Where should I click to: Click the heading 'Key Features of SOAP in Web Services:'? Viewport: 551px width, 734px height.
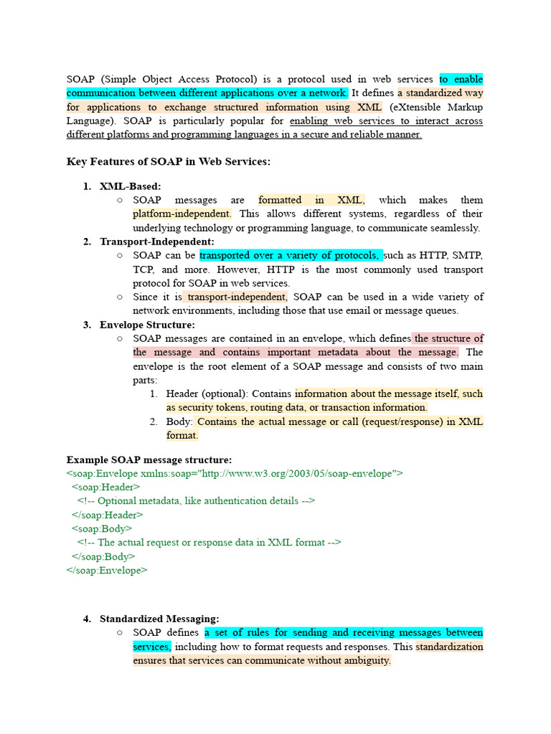169,162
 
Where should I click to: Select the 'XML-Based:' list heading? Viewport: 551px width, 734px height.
130,186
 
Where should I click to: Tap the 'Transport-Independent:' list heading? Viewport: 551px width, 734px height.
156,242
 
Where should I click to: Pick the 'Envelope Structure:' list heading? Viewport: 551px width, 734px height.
146,325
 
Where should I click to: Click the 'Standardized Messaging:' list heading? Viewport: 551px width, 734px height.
159,619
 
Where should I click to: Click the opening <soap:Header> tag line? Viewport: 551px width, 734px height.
105,487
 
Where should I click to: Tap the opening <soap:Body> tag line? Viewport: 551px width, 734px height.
101,528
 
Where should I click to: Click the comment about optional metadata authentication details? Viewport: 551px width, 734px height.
196,501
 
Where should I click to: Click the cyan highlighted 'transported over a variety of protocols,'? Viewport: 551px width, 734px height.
291,256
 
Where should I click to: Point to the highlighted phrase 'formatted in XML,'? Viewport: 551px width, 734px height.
311,200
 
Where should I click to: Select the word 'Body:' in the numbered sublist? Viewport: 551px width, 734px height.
179,421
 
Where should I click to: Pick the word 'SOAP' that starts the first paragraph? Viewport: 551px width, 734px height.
80,80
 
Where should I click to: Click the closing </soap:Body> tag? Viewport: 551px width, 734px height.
103,556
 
